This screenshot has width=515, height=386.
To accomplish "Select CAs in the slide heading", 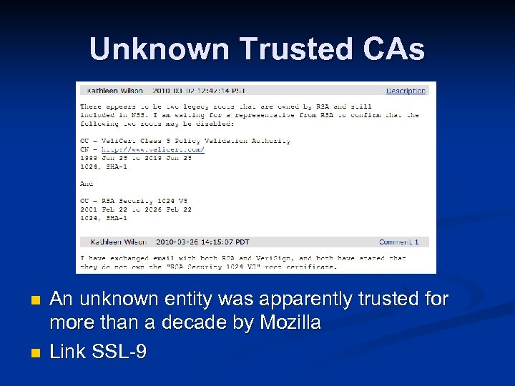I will click(x=396, y=49).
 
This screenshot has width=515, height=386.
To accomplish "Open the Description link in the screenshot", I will click(x=406, y=91).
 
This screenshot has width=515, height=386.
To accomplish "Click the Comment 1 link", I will click(x=403, y=242).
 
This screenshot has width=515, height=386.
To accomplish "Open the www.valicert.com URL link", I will click(x=153, y=149).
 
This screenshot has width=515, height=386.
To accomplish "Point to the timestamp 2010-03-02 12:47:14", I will click(x=187, y=91).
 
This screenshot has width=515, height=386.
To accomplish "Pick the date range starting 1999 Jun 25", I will click(x=136, y=157).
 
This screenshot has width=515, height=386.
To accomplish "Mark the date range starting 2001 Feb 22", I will click(x=136, y=209).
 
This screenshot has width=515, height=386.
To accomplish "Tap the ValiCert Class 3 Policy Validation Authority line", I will click(x=185, y=141).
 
